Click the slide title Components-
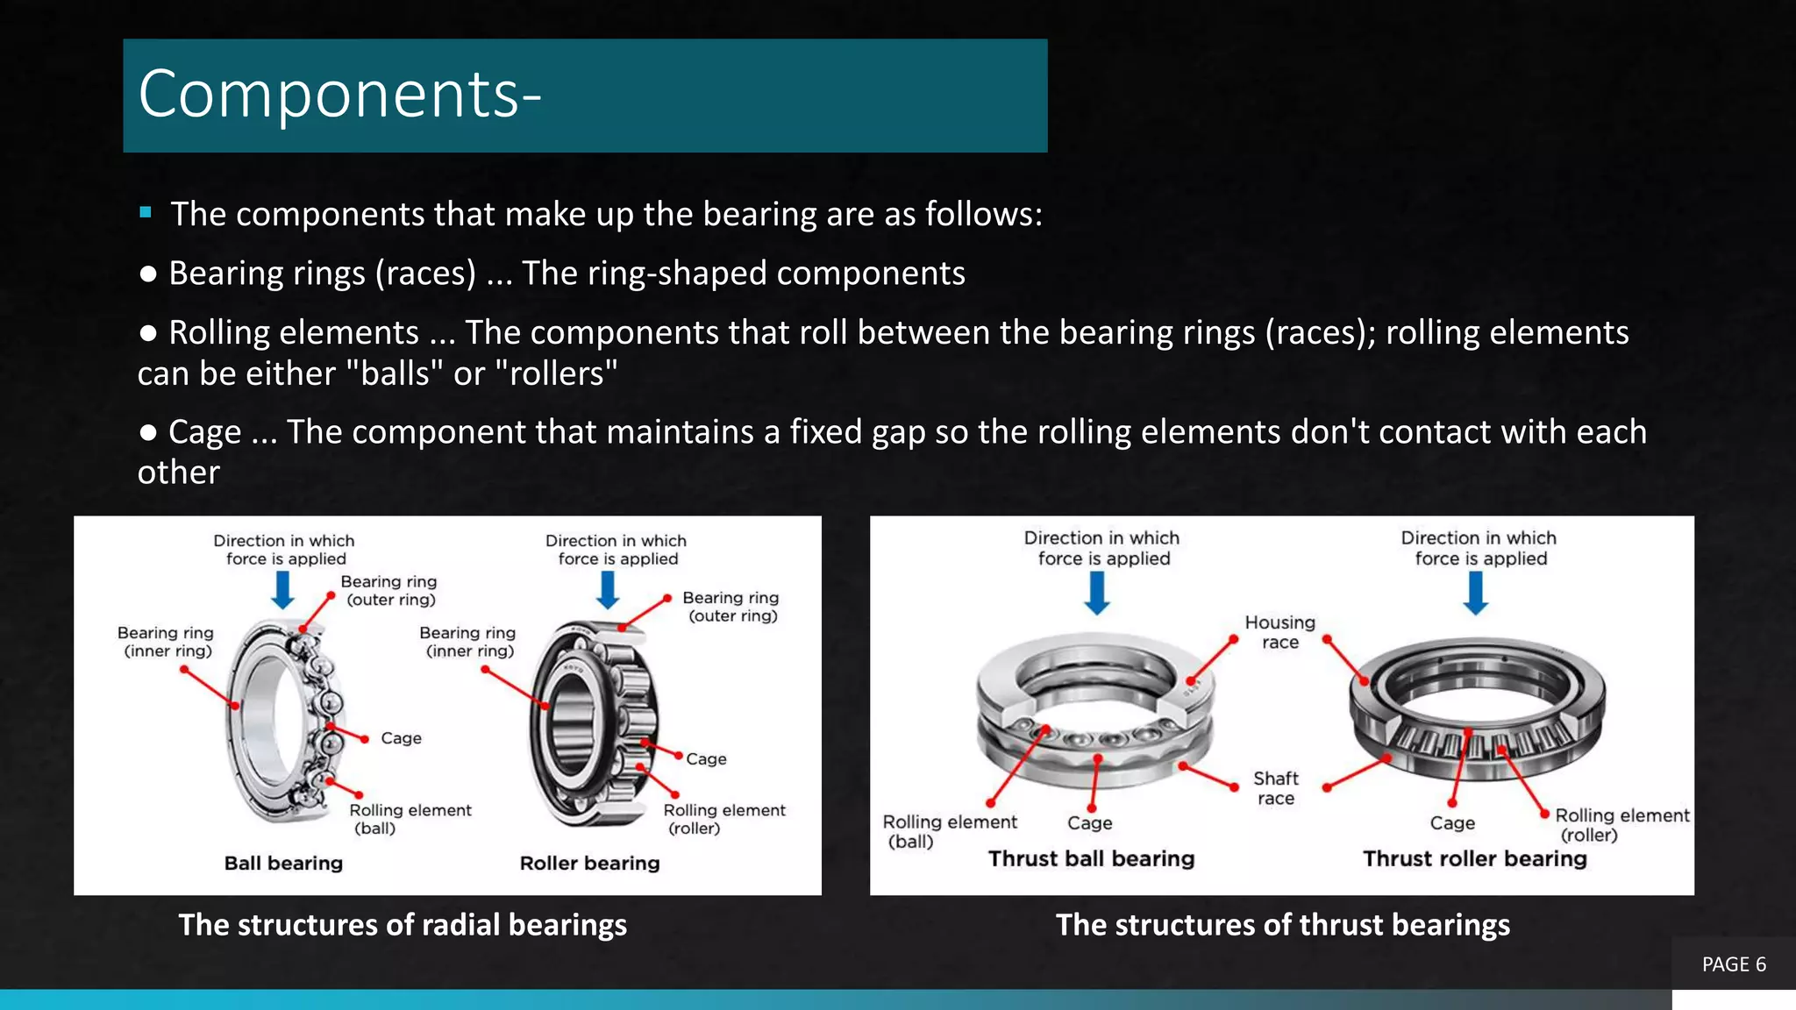(339, 95)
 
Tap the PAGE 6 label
(1733, 964)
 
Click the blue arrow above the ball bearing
(282, 589)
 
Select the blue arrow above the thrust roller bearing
(1476, 594)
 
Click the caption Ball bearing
(283, 863)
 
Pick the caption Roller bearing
(589, 863)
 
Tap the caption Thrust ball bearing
(1091, 858)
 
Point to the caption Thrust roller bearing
(1474, 858)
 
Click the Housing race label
(1279, 632)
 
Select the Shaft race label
(1275, 788)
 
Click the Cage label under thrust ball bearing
(1089, 823)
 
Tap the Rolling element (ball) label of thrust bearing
(949, 831)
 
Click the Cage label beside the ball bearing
(401, 738)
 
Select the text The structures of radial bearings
(403, 925)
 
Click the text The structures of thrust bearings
(1282, 925)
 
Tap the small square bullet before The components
(146, 212)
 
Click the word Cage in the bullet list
(204, 431)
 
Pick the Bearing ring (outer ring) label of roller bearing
(731, 606)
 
